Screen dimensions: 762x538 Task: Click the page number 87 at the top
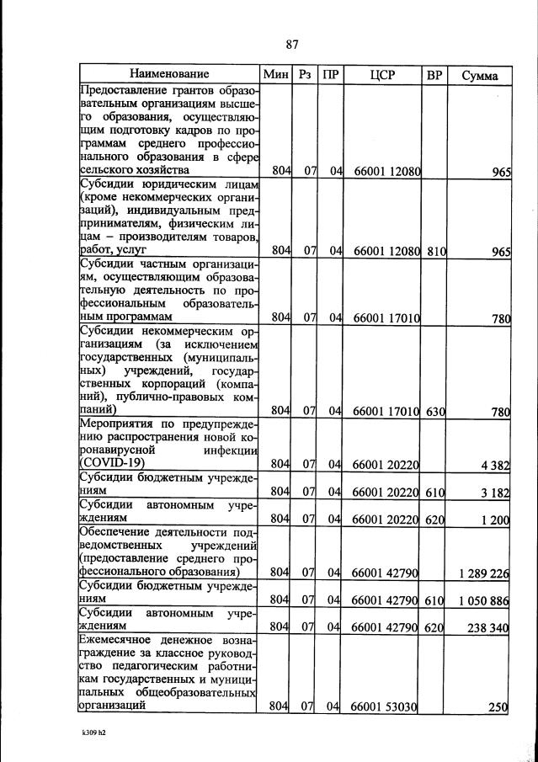292,45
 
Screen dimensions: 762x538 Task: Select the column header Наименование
169,75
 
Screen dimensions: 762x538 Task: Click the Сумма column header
479,76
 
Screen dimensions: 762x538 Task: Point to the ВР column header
434,75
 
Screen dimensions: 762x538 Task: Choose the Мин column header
276,75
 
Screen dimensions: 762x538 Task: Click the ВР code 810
435,250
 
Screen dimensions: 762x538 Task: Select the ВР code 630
435,412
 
